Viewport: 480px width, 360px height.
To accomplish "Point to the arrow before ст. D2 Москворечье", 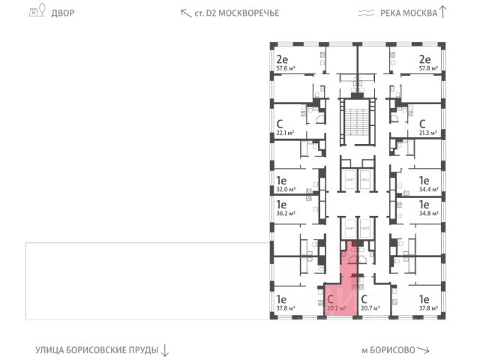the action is point(184,12).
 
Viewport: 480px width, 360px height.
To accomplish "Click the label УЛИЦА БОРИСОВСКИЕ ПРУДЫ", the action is point(97,349).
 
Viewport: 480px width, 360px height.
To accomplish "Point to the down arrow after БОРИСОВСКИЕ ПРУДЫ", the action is point(165,349).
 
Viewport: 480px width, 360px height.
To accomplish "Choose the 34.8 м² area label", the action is point(429,213).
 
